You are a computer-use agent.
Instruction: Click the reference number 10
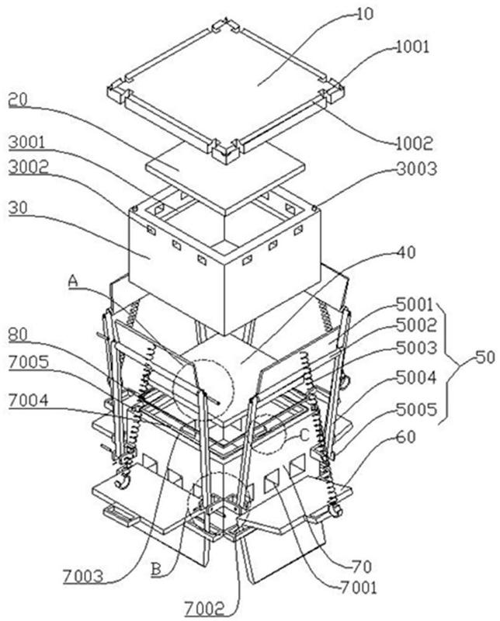click(x=364, y=14)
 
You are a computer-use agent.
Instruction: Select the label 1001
click(x=412, y=47)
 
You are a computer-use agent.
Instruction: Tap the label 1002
click(x=414, y=144)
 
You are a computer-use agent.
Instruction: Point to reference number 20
click(x=18, y=100)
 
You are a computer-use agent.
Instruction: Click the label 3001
click(x=26, y=142)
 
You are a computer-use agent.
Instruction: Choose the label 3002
click(x=28, y=167)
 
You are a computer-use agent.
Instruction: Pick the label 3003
click(x=416, y=169)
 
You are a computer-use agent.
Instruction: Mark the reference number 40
click(x=407, y=252)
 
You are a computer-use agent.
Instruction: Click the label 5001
click(x=415, y=304)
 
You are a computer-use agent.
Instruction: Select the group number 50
click(x=485, y=357)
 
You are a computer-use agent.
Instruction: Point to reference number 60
click(x=406, y=437)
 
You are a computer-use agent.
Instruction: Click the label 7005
click(x=29, y=362)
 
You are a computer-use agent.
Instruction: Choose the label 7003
click(x=83, y=577)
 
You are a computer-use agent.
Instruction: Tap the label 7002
click(x=204, y=609)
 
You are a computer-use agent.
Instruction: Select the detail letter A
click(x=73, y=282)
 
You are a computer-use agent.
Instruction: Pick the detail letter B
click(x=157, y=570)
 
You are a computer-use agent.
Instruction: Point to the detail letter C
click(x=304, y=436)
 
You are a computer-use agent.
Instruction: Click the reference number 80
click(x=18, y=335)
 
